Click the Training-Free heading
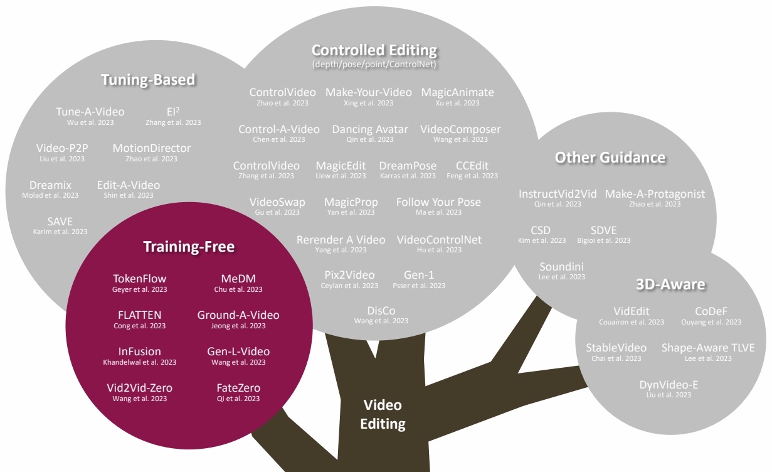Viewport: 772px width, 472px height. click(x=189, y=247)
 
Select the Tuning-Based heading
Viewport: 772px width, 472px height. click(x=148, y=80)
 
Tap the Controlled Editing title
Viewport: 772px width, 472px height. click(x=374, y=50)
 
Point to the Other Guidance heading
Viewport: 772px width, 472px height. click(x=610, y=157)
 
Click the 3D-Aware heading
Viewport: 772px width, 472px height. click(x=670, y=284)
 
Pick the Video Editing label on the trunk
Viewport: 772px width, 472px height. click(x=383, y=414)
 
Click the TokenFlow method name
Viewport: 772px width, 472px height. click(x=140, y=279)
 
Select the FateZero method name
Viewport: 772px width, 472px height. click(x=238, y=388)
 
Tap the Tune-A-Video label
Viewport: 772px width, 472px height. click(x=90, y=112)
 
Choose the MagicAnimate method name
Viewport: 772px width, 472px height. click(x=457, y=92)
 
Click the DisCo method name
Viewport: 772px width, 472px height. click(x=381, y=311)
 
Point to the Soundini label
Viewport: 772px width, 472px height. click(x=561, y=267)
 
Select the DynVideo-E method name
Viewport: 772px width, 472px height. click(x=669, y=385)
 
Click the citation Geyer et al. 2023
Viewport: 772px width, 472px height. click(x=140, y=290)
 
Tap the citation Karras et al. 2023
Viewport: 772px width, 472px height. click(x=408, y=176)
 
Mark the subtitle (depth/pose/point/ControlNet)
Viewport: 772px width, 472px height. click(x=374, y=64)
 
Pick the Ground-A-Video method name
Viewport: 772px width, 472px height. click(x=238, y=315)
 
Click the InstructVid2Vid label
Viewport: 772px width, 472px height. click(x=558, y=194)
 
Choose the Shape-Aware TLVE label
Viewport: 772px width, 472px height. click(x=708, y=348)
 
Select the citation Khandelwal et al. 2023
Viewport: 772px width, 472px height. click(x=140, y=362)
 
